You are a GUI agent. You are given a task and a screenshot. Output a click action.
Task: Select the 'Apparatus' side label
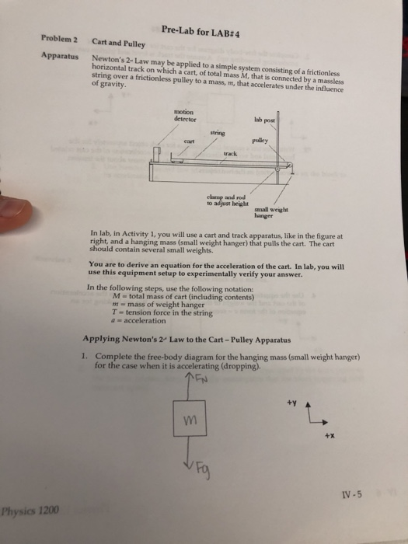coord(63,58)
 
